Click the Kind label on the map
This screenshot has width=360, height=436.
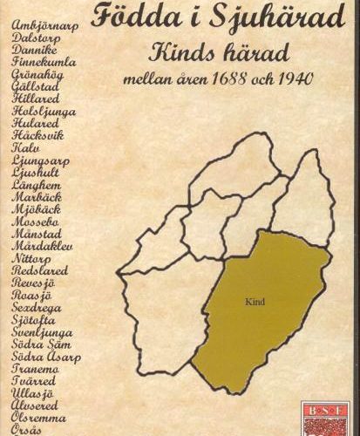click(256, 306)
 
